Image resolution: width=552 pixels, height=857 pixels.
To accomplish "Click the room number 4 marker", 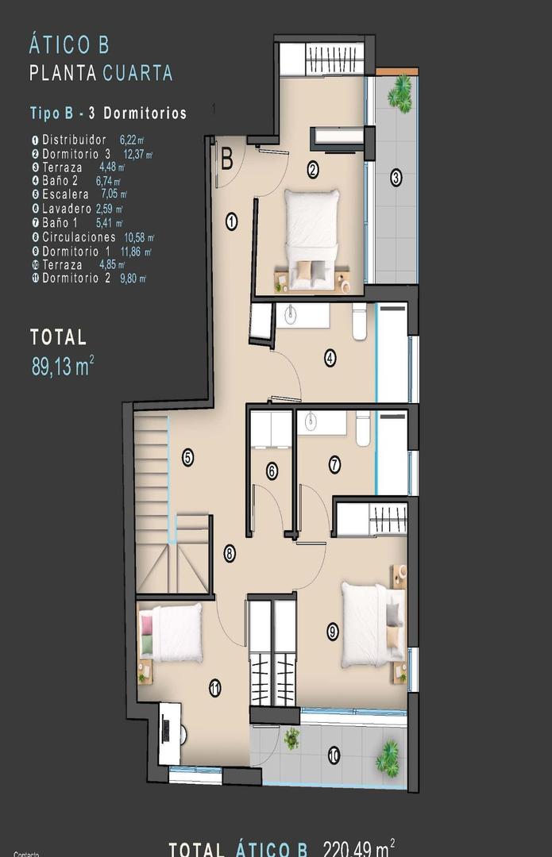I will point(330,358).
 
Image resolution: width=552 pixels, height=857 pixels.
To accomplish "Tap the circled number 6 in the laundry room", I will point(272,471).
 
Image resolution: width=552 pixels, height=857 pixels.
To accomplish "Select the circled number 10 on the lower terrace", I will point(334,755).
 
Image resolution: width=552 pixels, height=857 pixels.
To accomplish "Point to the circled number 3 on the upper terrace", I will point(396,178).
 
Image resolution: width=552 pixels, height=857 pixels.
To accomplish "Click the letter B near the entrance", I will point(226,159).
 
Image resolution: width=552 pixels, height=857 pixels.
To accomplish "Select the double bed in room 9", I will point(370,625).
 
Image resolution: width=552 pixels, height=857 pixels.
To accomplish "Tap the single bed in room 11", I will point(170,633).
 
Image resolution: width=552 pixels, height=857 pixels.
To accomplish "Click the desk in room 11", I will point(168,733).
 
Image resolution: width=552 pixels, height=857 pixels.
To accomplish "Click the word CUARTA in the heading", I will point(137,73).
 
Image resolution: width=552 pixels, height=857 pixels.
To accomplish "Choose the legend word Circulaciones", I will point(79,236).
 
